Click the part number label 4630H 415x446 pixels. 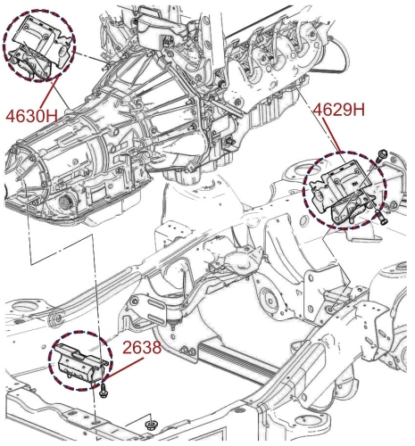[x=32, y=116]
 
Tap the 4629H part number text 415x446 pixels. [x=339, y=111]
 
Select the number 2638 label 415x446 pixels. [x=142, y=347]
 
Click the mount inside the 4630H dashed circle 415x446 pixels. [x=38, y=47]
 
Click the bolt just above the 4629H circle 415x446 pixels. [x=382, y=155]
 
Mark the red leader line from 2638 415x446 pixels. [x=122, y=368]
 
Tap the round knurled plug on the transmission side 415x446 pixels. [x=65, y=202]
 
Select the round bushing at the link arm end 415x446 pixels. [x=56, y=318]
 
